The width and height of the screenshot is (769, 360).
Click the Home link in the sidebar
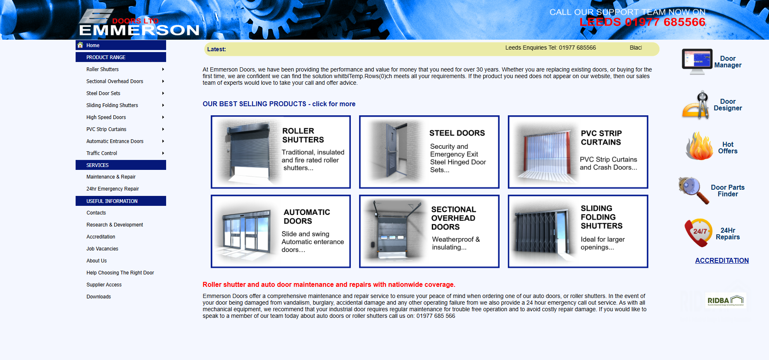coord(93,45)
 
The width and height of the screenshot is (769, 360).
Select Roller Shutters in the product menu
coord(102,69)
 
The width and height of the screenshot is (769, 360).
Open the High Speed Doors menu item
coord(106,117)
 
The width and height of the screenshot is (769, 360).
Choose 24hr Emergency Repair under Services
coord(112,189)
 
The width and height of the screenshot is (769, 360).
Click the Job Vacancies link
coord(102,249)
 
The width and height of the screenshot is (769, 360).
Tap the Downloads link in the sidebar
coord(99,297)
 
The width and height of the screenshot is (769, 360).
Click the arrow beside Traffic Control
coord(163,153)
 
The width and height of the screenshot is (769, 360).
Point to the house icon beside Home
coord(80,45)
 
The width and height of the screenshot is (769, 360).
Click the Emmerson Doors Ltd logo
coord(139,22)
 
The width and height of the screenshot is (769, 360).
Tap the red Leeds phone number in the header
coord(642,22)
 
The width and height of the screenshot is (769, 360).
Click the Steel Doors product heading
coord(457,133)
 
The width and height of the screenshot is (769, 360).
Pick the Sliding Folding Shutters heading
coord(602,217)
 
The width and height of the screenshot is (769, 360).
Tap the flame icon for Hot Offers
coord(699,146)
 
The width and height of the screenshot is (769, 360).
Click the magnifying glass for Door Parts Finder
coord(694,190)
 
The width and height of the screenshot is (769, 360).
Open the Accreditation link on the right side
coord(722,261)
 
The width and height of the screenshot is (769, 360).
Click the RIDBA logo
coord(726,300)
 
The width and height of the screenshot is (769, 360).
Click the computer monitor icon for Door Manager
coord(697,61)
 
